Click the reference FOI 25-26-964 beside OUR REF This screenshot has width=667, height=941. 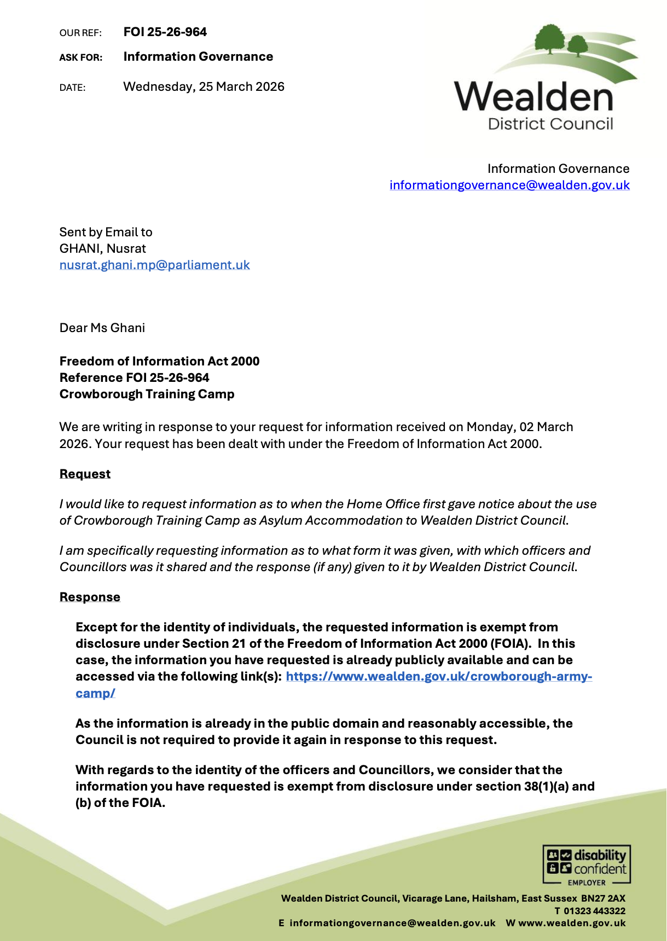point(165,32)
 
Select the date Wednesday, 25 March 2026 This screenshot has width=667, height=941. point(204,86)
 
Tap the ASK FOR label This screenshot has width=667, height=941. point(80,57)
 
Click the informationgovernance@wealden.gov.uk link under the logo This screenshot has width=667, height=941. point(509,185)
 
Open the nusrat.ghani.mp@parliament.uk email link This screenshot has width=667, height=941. point(154,265)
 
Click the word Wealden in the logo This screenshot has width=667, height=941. point(533,97)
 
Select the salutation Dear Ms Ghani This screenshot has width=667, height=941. point(102,328)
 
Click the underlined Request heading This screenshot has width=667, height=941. point(85,474)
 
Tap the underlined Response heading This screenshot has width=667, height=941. point(90,597)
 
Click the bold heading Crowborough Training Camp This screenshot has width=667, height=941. point(147,394)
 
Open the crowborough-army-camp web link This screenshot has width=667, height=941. point(438,676)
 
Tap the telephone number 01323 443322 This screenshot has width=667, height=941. point(594,910)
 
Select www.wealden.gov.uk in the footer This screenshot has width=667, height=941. point(572,923)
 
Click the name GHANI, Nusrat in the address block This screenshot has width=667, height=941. point(102,248)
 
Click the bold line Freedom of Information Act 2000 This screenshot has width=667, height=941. point(159,361)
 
